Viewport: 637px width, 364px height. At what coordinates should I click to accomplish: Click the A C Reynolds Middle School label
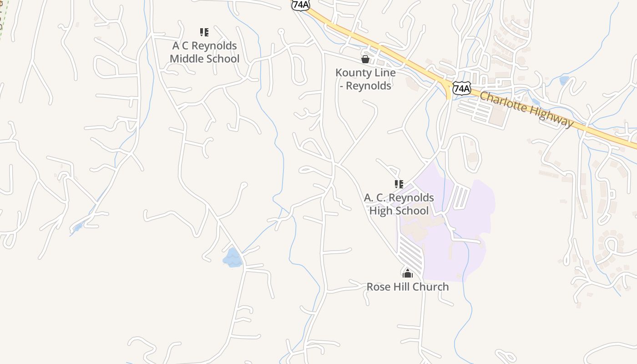[x=204, y=52]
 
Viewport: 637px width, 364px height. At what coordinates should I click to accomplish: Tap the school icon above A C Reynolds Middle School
[x=204, y=32]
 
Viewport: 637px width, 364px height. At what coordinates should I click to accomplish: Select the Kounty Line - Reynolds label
[x=365, y=79]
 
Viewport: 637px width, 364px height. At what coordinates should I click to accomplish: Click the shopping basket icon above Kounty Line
[x=365, y=59]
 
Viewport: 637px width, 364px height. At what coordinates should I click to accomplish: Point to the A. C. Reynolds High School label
[x=399, y=204]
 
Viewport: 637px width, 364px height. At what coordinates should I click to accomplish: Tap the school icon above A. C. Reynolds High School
[x=399, y=184]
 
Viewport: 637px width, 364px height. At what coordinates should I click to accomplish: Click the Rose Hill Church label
[x=408, y=287]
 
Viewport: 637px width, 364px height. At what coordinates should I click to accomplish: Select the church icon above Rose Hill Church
[x=408, y=273]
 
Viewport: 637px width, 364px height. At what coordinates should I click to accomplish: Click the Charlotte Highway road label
[x=526, y=109]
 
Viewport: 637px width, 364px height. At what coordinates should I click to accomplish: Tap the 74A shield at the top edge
[x=301, y=5]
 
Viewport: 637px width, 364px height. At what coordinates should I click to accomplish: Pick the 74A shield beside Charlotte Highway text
[x=461, y=88]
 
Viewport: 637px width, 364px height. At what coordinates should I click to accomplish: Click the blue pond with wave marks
[x=233, y=258]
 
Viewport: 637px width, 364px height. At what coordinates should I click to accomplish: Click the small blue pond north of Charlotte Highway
[x=564, y=81]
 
